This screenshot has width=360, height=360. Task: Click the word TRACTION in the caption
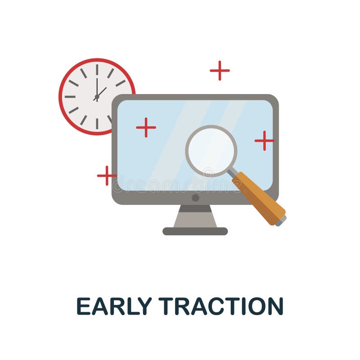221,306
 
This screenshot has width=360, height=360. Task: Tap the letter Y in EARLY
145,306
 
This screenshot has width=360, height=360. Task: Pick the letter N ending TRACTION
275,306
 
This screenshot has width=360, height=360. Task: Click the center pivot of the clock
97,97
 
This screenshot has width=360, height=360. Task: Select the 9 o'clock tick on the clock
70,97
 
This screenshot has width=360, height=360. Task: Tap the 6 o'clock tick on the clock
97,123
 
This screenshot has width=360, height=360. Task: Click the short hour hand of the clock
102,92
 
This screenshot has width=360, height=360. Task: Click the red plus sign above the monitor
220,70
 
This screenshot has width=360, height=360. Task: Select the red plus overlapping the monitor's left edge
107,175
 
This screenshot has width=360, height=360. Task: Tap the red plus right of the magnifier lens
264,140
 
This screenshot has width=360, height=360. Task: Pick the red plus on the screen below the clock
146,127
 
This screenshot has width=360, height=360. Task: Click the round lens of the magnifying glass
211,151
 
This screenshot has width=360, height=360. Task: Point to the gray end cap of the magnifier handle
282,221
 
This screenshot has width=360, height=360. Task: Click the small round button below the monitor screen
195,198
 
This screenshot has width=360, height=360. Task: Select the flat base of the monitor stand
195,231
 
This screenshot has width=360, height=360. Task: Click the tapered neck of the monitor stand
195,217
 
